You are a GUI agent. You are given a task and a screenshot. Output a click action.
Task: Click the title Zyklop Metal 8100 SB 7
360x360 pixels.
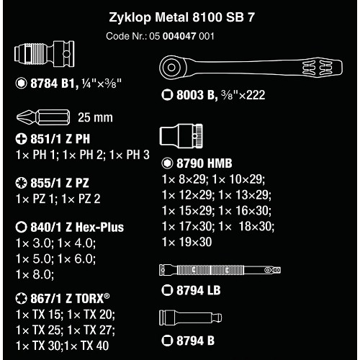181,17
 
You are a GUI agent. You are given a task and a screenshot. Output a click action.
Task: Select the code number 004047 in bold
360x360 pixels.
179,36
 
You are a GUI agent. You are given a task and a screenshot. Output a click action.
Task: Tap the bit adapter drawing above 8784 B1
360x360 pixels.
45,53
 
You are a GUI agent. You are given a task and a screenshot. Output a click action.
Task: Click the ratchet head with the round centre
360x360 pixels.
171,67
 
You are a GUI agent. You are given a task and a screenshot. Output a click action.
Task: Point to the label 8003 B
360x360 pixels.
196,95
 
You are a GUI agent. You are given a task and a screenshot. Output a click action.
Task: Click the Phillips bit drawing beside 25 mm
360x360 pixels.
43,117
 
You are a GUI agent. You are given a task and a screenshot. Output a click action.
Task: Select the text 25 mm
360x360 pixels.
95,117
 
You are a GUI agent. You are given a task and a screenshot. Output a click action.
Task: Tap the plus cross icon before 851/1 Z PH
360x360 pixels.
21,139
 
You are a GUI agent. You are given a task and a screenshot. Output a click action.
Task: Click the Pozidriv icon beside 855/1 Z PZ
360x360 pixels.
21,183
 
